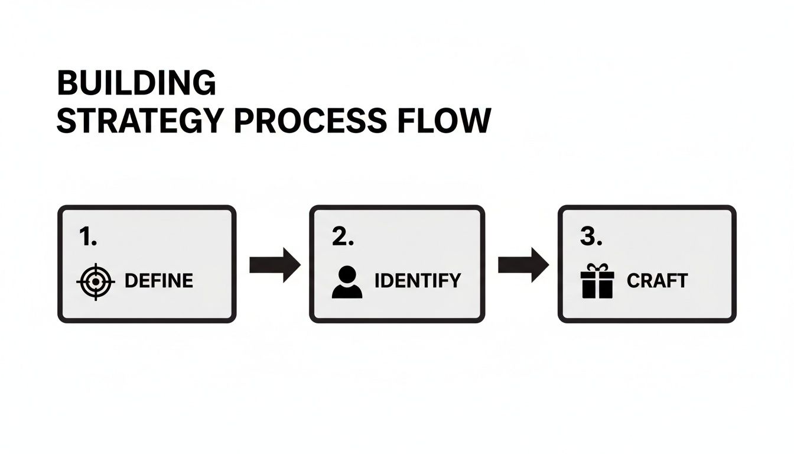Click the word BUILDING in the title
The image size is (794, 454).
coord(136,83)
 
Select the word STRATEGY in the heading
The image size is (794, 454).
coord(139,121)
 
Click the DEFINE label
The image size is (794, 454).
coord(159,281)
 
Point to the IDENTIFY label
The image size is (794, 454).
coord(418,281)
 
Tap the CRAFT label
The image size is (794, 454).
coord(657,281)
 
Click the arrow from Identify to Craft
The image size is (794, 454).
coord(523,264)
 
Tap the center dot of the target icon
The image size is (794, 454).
coord(95,282)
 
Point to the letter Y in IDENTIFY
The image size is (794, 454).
coord(454,281)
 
